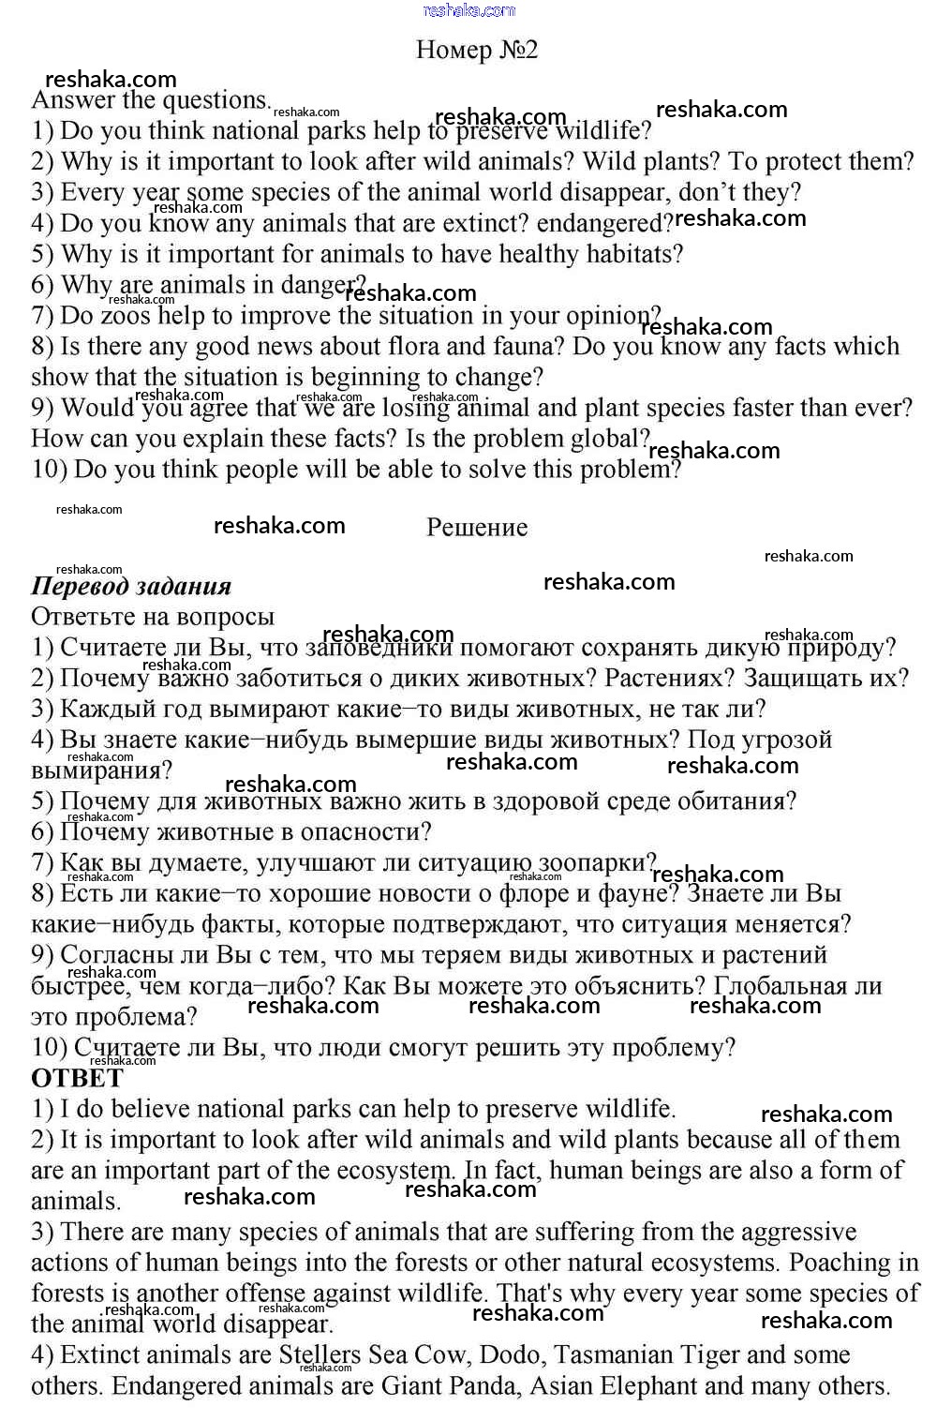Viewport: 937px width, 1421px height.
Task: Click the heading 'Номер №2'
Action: (x=477, y=50)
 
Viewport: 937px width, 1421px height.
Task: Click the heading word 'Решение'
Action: (x=477, y=528)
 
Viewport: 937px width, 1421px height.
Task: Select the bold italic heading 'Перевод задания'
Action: (x=131, y=587)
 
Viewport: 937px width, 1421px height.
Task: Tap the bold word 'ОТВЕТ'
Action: (x=77, y=1078)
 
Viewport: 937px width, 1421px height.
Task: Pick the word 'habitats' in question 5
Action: (x=633, y=254)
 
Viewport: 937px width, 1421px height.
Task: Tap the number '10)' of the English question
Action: (x=49, y=470)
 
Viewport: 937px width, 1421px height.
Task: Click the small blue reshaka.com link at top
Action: (x=469, y=10)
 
